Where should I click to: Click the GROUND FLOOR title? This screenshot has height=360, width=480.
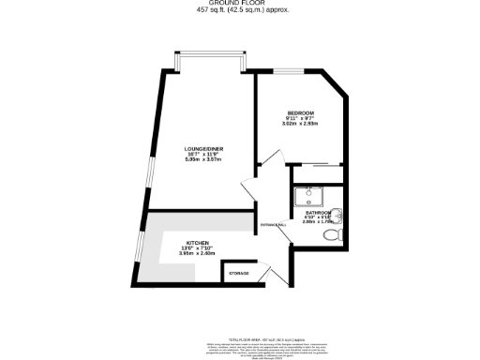[x=240, y=4]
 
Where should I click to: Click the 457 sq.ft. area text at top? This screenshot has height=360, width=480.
[x=240, y=10]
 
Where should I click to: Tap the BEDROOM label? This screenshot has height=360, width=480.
[x=300, y=113]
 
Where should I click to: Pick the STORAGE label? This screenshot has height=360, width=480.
[x=240, y=273]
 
